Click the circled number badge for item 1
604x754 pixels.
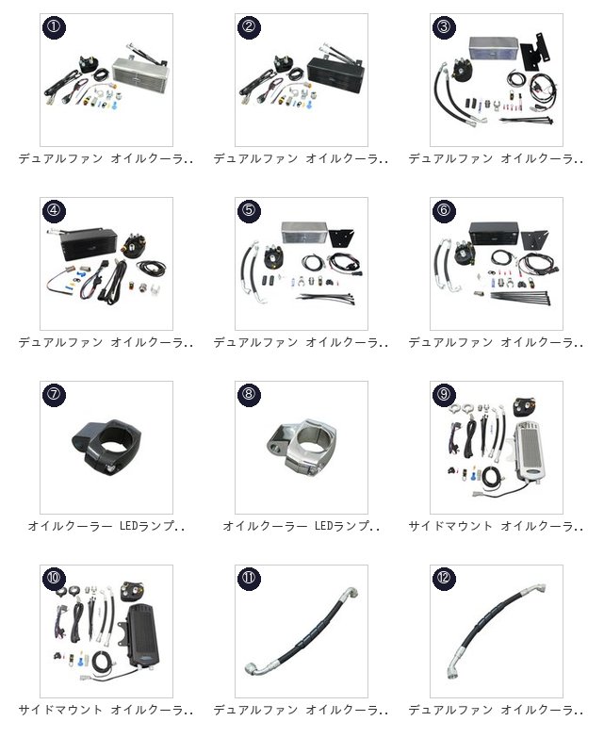(x=55, y=26)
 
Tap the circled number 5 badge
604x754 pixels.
(x=249, y=210)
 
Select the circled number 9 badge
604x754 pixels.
(x=444, y=394)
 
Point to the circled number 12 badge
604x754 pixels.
(x=444, y=578)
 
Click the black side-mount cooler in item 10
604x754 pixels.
(x=143, y=635)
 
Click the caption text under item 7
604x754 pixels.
(x=106, y=526)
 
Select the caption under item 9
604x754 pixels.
(x=496, y=526)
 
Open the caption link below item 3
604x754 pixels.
(x=496, y=158)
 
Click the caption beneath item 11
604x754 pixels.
(x=301, y=710)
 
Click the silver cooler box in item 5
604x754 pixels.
(x=304, y=233)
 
